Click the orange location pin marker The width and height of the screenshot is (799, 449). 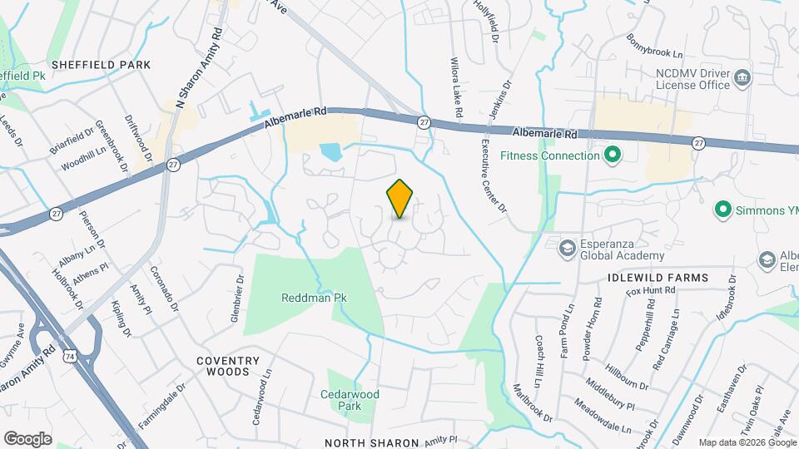400,198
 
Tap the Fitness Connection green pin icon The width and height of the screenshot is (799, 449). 613,155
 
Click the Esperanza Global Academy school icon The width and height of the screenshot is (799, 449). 568,249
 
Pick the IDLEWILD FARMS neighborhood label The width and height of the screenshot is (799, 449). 658,277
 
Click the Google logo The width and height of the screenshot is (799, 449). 27,438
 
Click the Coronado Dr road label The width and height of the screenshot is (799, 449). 164,289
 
